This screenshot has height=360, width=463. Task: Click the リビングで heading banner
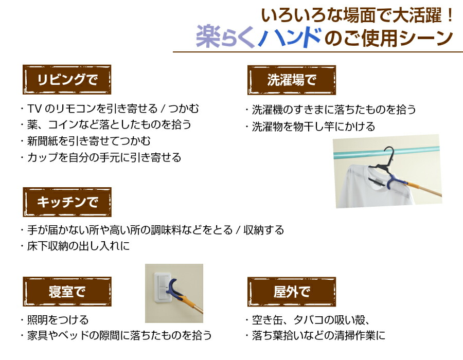67,80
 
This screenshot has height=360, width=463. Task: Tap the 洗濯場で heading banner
292,80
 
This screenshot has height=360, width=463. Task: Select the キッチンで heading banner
67,202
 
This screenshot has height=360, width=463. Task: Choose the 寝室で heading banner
67,292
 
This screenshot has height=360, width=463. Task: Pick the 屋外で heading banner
292,292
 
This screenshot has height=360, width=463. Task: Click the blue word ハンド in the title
290,38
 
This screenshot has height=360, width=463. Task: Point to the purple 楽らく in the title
225,37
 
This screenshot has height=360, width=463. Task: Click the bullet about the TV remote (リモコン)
110,109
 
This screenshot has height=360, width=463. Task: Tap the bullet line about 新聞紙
86,141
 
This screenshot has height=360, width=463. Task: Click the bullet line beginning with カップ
101,157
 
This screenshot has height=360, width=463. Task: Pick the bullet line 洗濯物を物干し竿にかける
310,127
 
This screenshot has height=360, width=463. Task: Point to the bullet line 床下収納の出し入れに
75,246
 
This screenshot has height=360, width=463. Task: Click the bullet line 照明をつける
55,319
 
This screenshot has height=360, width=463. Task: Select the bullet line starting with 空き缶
308,319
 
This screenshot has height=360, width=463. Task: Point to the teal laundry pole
386,152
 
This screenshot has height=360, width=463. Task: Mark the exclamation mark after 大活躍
450,15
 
